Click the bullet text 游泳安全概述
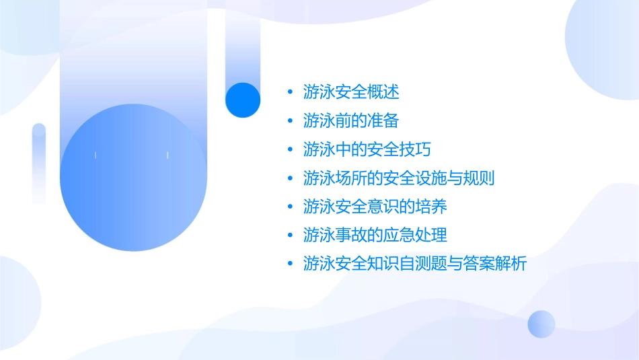click(351, 92)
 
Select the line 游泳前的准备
click(351, 121)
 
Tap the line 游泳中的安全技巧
click(367, 149)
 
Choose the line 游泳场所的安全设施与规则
click(399, 178)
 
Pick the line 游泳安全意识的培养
click(375, 207)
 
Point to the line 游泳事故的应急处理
click(375, 236)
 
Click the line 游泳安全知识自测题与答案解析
click(414, 264)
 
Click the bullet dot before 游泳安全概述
click(290, 92)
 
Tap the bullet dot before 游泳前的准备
click(290, 121)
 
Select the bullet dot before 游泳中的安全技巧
click(290, 149)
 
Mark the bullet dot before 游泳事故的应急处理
click(290, 236)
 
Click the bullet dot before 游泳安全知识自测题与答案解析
click(290, 264)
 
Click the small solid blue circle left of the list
click(243, 100)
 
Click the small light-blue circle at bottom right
click(541, 324)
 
